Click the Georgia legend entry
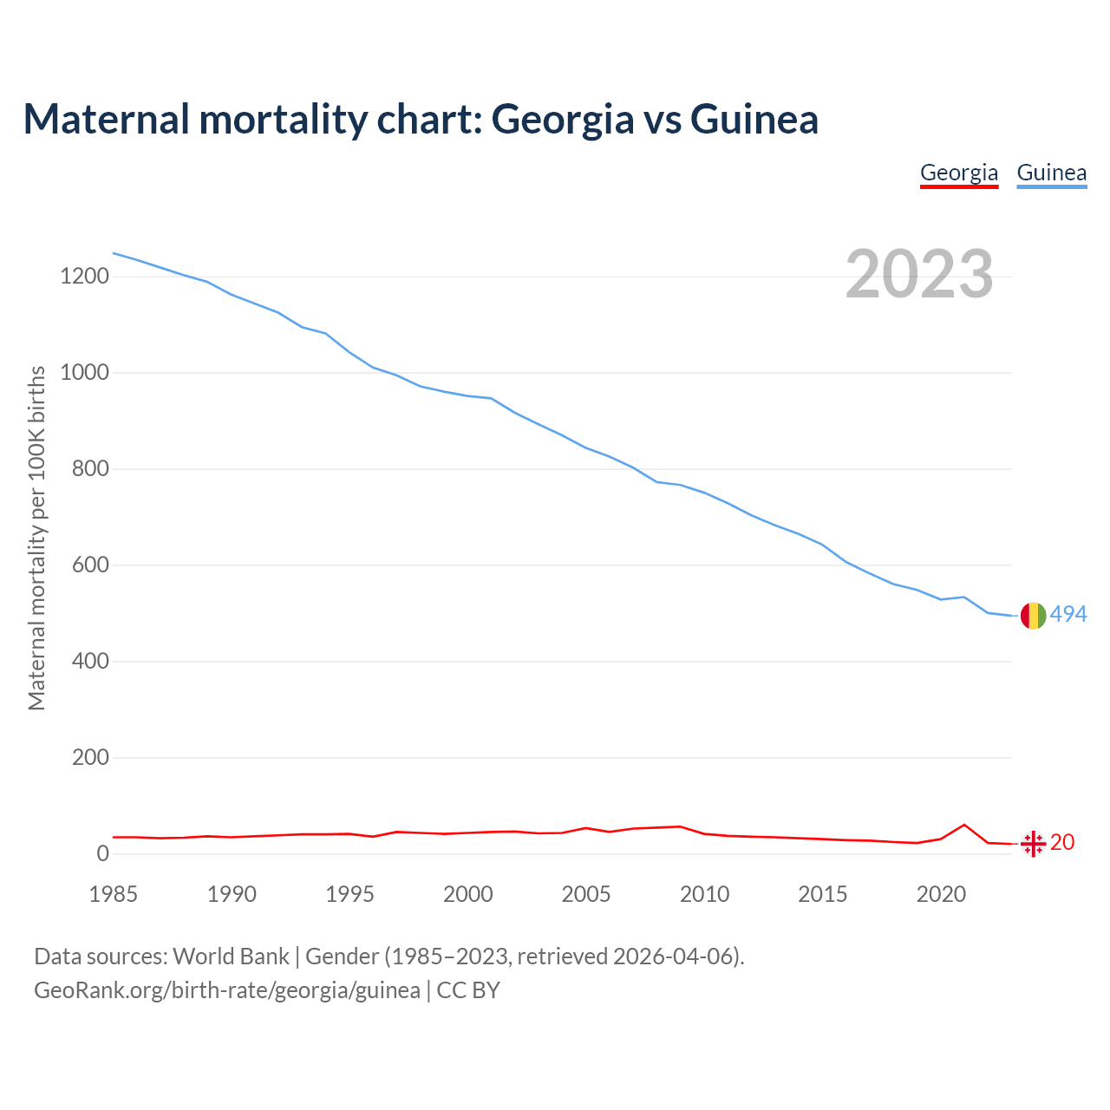point(958,173)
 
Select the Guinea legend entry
point(1051,173)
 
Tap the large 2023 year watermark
point(919,274)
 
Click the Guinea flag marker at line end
point(1033,615)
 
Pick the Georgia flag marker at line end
point(1033,843)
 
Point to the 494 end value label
point(1068,615)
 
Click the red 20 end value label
point(1062,842)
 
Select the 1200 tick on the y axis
point(84,277)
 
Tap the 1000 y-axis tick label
point(84,373)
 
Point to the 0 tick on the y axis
point(103,854)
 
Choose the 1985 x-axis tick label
point(114,894)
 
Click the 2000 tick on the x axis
point(468,894)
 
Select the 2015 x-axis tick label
point(823,894)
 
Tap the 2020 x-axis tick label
point(941,894)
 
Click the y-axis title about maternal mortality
point(36,538)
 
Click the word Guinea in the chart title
point(754,119)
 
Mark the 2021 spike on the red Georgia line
point(964,825)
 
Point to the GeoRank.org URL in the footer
point(227,989)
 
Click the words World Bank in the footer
point(231,956)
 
